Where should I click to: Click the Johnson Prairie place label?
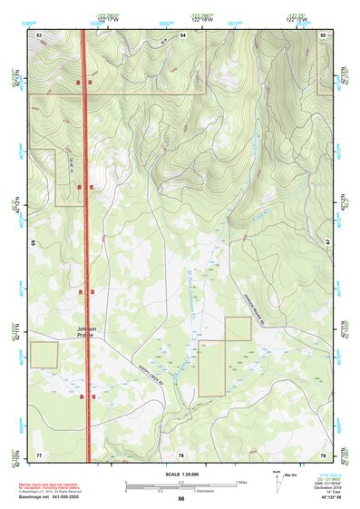coord(78,332)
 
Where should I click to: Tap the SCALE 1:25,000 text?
coord(180,475)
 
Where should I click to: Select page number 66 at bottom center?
coord(180,498)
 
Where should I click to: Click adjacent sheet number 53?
coord(39,34)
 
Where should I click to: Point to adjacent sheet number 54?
coord(182,34)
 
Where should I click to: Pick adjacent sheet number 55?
coord(324,34)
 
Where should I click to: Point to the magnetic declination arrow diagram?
coord(282,481)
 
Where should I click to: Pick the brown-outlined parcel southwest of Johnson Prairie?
coord(44,355)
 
